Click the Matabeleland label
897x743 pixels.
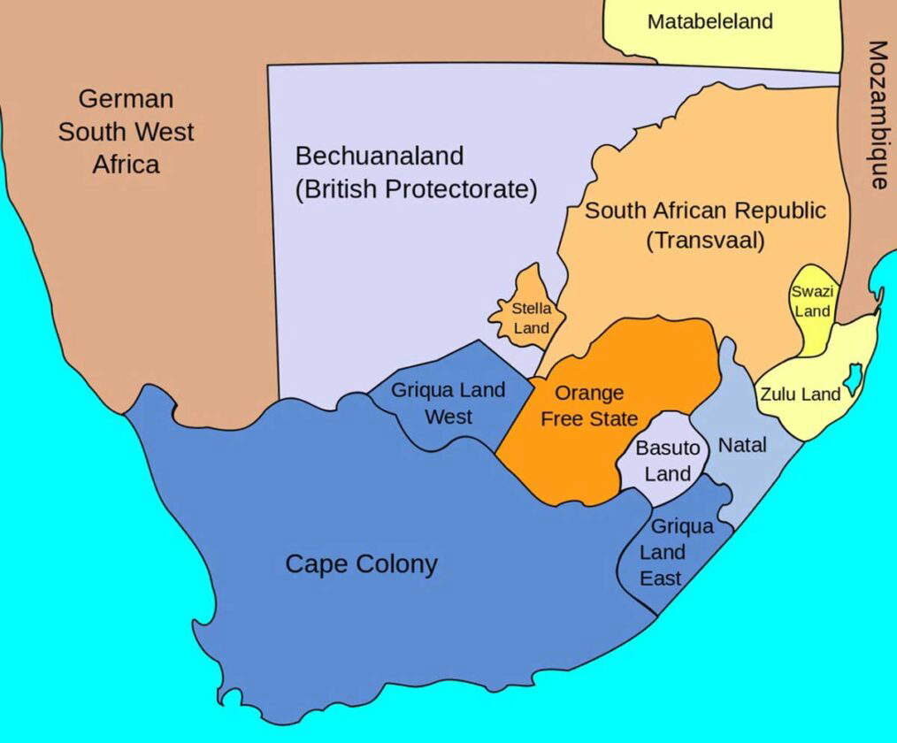click(x=709, y=22)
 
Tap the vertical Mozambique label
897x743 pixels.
click(x=877, y=114)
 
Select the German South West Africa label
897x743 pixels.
click(x=126, y=131)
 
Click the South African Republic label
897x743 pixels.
click(x=705, y=211)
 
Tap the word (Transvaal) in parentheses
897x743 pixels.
click(x=705, y=241)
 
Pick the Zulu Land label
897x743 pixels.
click(x=800, y=394)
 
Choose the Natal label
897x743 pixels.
click(x=741, y=445)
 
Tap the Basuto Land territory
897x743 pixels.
click(x=668, y=460)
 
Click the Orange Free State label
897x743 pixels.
click(x=588, y=405)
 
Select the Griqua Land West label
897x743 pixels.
click(x=448, y=402)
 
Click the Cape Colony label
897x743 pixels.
click(x=361, y=563)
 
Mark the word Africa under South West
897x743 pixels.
click(x=126, y=165)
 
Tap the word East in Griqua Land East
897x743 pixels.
click(x=661, y=578)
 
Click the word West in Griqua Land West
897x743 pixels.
click(x=448, y=416)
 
